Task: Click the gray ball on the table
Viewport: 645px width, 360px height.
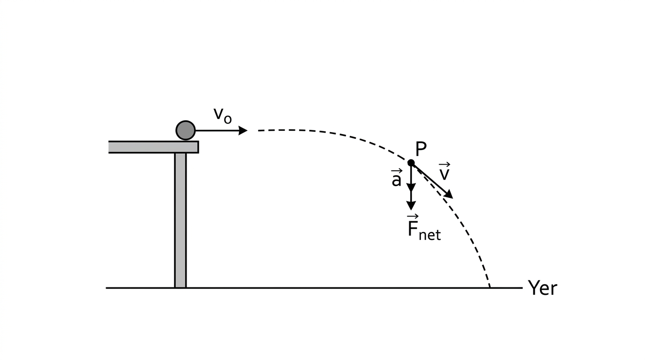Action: [x=186, y=130]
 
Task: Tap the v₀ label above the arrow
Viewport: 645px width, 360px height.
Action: [x=223, y=116]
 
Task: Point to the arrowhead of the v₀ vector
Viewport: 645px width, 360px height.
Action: [x=243, y=130]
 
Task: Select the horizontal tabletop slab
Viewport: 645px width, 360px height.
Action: [x=153, y=147]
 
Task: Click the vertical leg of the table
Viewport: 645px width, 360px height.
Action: [x=180, y=220]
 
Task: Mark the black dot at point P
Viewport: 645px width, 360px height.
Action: [x=411, y=163]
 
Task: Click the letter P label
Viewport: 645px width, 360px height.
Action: [x=421, y=149]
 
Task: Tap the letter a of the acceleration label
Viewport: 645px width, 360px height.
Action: [x=397, y=180]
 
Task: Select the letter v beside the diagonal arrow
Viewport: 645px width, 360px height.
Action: [x=444, y=174]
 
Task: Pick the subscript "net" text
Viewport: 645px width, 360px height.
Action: [x=430, y=235]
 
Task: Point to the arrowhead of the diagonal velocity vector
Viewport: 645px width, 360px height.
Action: [x=449, y=195]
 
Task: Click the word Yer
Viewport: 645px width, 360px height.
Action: [x=542, y=288]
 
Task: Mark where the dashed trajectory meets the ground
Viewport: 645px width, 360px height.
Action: [x=490, y=287]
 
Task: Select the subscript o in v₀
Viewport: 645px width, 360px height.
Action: [x=227, y=119]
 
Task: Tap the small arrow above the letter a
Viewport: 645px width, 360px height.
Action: [x=397, y=171]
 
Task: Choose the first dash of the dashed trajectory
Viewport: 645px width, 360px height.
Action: [x=262, y=131]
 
